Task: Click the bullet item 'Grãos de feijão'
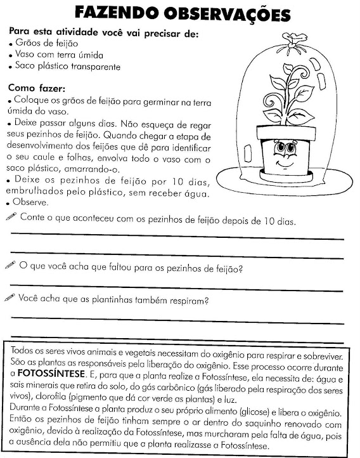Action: (x=44, y=43)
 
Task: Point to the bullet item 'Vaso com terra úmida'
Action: (x=55, y=55)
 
